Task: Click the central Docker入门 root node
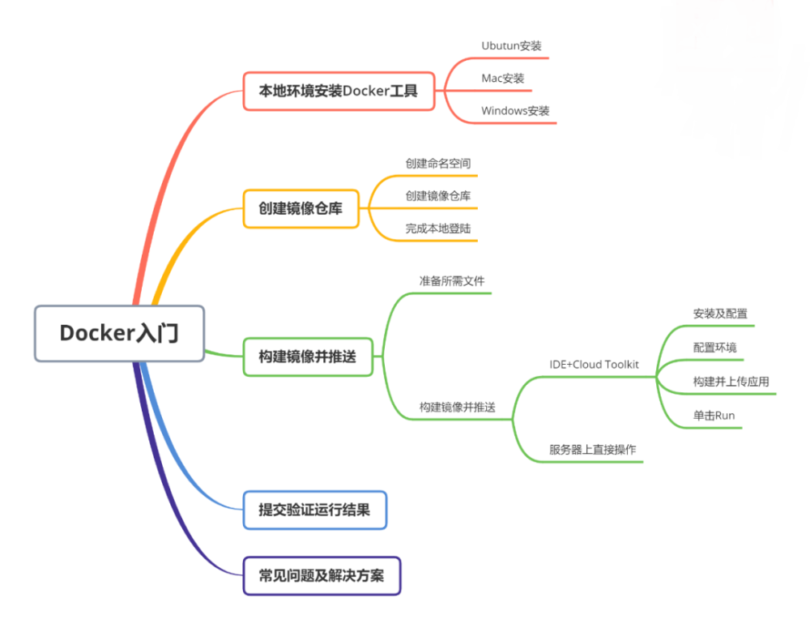click(119, 333)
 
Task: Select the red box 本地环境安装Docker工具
click(339, 91)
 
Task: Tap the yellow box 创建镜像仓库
click(301, 208)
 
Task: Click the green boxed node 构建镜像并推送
click(308, 357)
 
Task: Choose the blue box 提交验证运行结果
click(314, 510)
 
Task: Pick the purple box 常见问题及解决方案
click(322, 575)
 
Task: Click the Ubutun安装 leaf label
click(511, 45)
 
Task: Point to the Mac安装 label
click(503, 79)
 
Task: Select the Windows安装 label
click(515, 110)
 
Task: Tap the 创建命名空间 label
click(438, 163)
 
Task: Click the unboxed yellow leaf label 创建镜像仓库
click(438, 195)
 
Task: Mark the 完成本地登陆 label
click(438, 229)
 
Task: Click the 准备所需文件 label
click(452, 280)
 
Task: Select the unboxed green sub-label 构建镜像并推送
click(457, 407)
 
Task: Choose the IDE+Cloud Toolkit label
click(594, 365)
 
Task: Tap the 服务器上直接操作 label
click(592, 449)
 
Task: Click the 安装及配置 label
click(720, 314)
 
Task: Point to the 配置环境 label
click(714, 348)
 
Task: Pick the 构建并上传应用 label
click(731, 382)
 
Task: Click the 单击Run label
click(714, 416)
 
